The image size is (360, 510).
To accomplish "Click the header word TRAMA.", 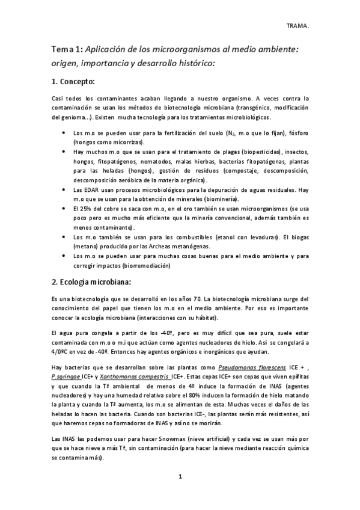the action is point(298,26).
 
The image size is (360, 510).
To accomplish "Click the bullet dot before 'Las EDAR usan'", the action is point(64,189).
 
